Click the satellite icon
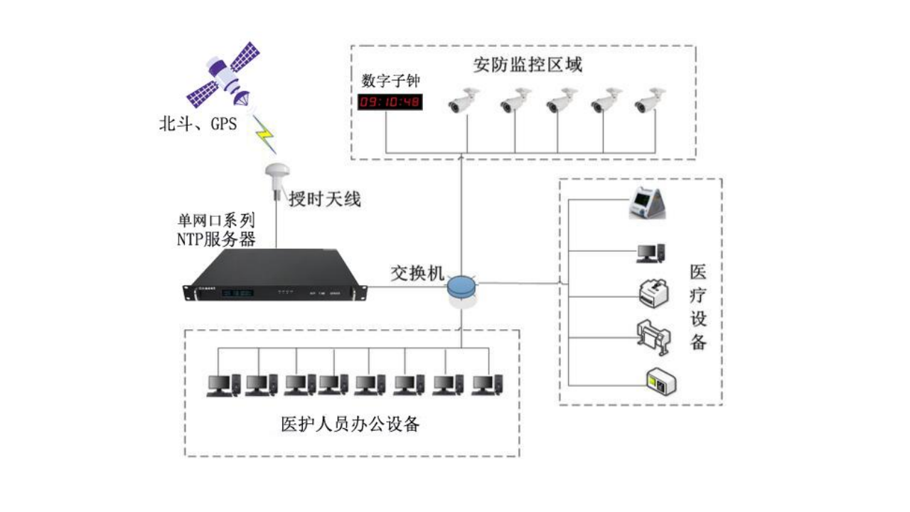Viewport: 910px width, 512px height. tap(223, 74)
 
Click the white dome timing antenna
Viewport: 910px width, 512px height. tap(275, 175)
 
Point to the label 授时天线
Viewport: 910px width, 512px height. tap(324, 199)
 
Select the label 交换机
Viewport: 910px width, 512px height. tap(417, 272)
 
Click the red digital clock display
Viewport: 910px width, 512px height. tap(390, 102)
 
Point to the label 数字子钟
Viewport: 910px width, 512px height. tap(391, 80)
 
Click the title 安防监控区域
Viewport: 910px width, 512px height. tap(528, 65)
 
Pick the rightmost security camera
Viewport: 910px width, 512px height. tap(650, 100)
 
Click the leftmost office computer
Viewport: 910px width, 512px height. tap(223, 385)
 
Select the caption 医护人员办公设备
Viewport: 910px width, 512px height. tap(350, 425)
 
